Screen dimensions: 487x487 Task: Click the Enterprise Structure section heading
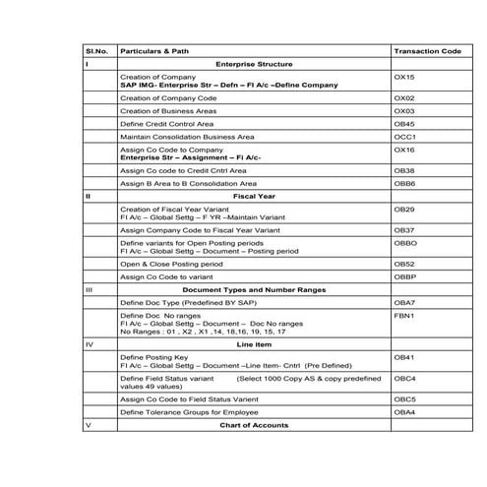tap(254, 64)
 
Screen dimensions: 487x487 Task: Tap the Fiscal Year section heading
tap(254, 197)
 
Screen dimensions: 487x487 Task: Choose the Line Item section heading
tap(254, 345)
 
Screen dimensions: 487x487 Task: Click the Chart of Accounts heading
tap(254, 425)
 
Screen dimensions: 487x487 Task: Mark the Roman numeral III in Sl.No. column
tap(90, 291)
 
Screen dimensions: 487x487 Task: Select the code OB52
tap(403, 265)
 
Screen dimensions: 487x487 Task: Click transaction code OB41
tap(403, 357)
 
